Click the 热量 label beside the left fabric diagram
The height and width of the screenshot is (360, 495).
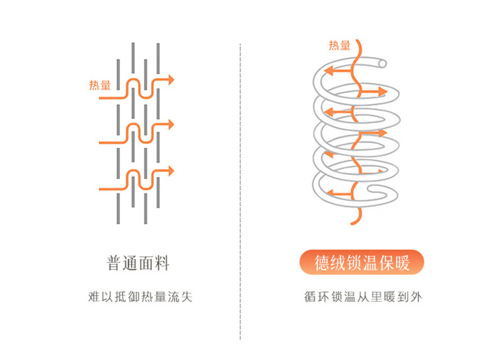[x=100, y=85]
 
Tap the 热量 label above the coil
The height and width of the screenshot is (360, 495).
[x=340, y=46]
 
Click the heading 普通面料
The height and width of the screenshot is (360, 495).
[x=138, y=263]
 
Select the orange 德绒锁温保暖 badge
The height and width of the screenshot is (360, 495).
[x=362, y=264]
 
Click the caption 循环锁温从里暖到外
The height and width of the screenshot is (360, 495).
[x=362, y=297]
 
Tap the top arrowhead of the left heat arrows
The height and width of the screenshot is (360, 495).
[x=170, y=80]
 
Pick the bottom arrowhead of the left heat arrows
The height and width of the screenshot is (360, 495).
[x=170, y=170]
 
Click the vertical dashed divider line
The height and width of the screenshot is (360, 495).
[x=240, y=198]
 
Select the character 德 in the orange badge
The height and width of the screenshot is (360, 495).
[x=323, y=264]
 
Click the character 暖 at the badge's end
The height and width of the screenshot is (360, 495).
[x=402, y=264]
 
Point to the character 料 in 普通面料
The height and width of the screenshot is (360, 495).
[x=162, y=263]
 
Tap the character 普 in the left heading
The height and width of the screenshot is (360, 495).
[x=114, y=263]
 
